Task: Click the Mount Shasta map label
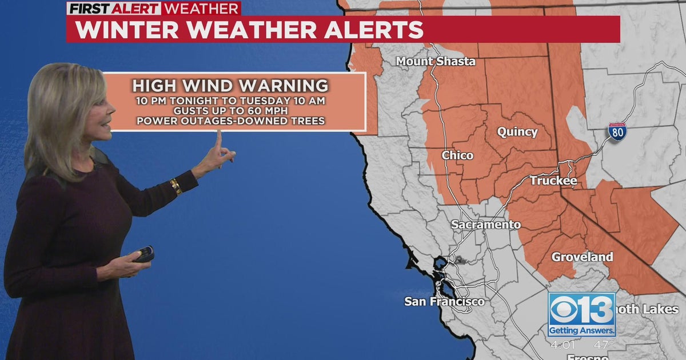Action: pyautogui.click(x=436, y=61)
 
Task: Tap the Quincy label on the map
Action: pyautogui.click(x=517, y=132)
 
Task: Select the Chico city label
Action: pyautogui.click(x=457, y=155)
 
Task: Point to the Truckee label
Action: pyautogui.click(x=553, y=181)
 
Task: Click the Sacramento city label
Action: pyautogui.click(x=486, y=225)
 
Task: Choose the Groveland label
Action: pyautogui.click(x=582, y=257)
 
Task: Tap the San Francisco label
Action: pyautogui.click(x=444, y=301)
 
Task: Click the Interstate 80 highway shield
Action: pyautogui.click(x=617, y=132)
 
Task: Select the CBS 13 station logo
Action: pyautogui.click(x=581, y=309)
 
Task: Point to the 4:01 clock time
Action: pyautogui.click(x=563, y=345)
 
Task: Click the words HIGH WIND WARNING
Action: pyautogui.click(x=230, y=86)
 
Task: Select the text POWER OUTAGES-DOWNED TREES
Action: pyautogui.click(x=230, y=121)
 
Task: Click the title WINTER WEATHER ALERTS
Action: pyautogui.click(x=249, y=30)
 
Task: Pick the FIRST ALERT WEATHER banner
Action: pyautogui.click(x=153, y=9)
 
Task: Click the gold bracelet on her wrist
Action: pyautogui.click(x=176, y=186)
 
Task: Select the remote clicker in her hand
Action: pyautogui.click(x=144, y=254)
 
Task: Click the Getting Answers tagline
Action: pyautogui.click(x=581, y=330)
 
